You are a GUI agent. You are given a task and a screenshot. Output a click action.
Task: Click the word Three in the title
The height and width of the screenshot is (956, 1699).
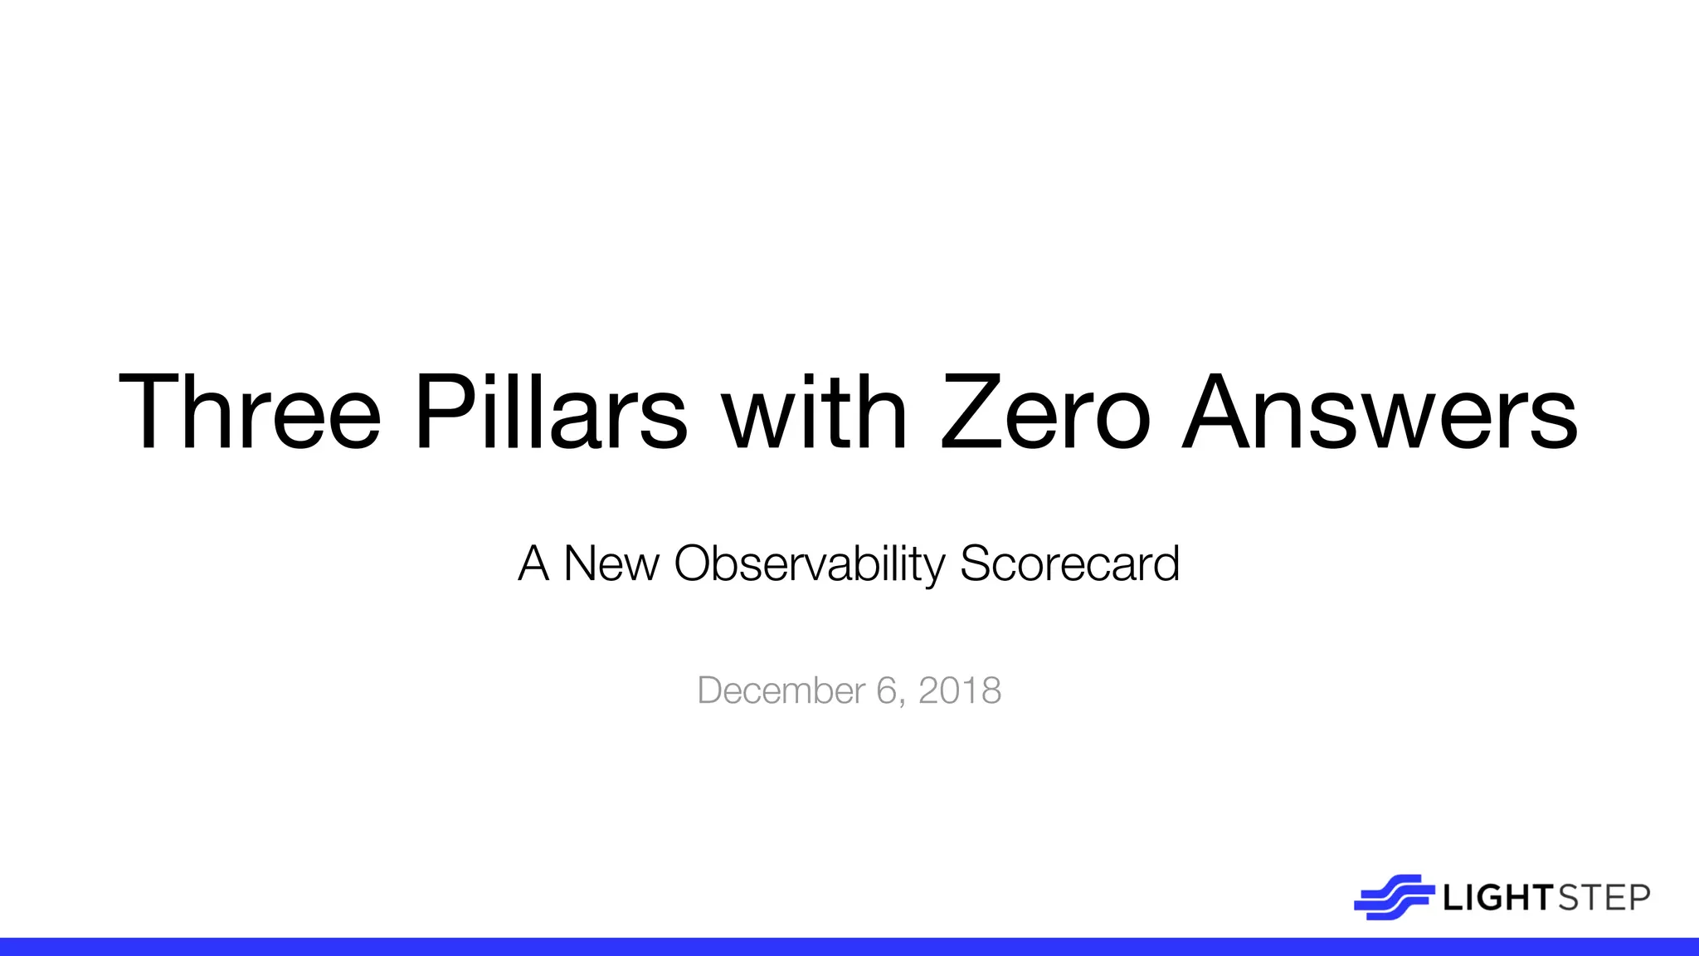(x=250, y=412)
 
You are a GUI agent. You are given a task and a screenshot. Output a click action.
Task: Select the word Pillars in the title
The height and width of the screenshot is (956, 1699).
(x=551, y=412)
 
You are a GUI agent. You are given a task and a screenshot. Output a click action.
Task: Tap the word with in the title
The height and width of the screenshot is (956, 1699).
(x=815, y=412)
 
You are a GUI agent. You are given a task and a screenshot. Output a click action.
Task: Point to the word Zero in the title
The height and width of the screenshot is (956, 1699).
(x=1045, y=412)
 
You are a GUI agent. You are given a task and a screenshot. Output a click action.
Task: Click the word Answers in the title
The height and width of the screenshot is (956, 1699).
(x=1379, y=412)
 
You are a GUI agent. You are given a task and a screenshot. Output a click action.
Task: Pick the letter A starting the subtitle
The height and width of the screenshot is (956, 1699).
(x=533, y=564)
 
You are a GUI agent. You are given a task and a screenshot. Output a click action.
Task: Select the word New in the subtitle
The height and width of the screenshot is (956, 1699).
(x=611, y=564)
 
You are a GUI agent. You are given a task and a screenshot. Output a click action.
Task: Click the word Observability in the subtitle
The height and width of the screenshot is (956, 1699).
(x=810, y=564)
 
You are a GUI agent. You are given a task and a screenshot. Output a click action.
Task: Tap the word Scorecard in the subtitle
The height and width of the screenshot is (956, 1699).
(x=1069, y=564)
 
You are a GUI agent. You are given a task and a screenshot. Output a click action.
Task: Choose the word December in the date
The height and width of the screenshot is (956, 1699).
(x=781, y=691)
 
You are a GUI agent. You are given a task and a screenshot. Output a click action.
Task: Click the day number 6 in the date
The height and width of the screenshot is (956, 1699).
(x=886, y=691)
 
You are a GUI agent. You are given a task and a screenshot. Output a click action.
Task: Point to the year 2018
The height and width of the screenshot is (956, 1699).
(x=960, y=691)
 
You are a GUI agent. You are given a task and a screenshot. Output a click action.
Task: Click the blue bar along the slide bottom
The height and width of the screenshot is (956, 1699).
(x=849, y=947)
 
